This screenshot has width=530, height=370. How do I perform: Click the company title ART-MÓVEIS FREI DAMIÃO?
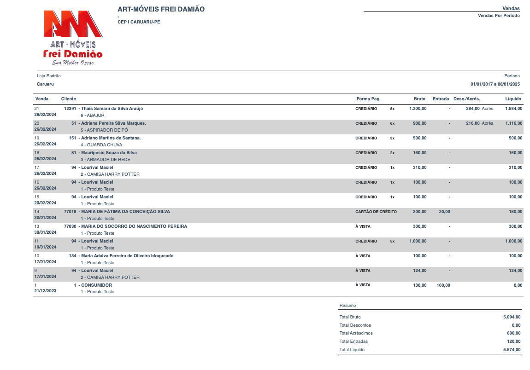pyautogui.click(x=161, y=9)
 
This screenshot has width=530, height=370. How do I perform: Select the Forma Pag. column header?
pyautogui.click(x=368, y=99)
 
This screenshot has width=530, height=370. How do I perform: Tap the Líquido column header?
pyautogui.click(x=513, y=99)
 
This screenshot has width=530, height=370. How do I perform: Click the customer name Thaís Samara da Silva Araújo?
pyautogui.click(x=112, y=109)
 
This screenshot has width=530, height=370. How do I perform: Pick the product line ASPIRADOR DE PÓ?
pyautogui.click(x=104, y=130)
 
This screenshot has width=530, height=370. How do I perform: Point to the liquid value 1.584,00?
pyautogui.click(x=513, y=109)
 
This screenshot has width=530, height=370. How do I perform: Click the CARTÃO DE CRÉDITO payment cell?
pyautogui.click(x=376, y=212)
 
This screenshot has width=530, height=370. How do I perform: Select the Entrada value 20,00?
pyautogui.click(x=444, y=212)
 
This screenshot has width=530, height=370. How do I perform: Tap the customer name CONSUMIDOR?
pyautogui.click(x=96, y=285)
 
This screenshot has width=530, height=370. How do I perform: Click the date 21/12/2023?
pyautogui.click(x=45, y=291)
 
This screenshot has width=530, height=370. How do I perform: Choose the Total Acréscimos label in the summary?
pyautogui.click(x=356, y=333)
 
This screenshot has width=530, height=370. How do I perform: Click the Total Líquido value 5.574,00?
pyautogui.click(x=512, y=350)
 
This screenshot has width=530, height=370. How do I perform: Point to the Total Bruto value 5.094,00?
pyautogui.click(x=512, y=317)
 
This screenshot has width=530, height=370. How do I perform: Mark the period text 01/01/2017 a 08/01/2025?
pyautogui.click(x=495, y=84)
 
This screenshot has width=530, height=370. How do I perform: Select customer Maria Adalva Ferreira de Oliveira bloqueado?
pyautogui.click(x=127, y=256)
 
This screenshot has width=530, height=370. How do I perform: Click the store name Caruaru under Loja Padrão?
pyautogui.click(x=45, y=84)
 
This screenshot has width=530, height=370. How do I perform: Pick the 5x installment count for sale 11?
pyautogui.click(x=392, y=241)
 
